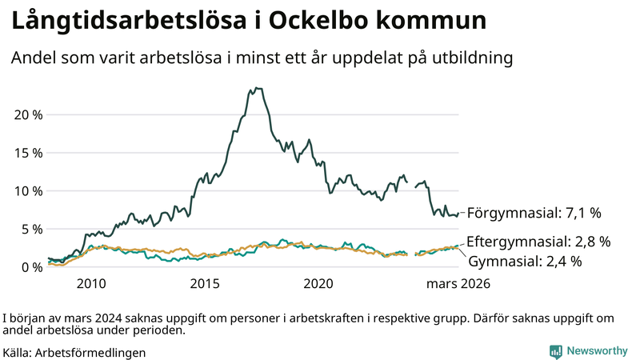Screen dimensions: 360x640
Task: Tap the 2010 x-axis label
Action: [x=91, y=284]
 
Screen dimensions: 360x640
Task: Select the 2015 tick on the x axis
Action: [x=205, y=284]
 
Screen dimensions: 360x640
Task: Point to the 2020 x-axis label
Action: [x=318, y=284]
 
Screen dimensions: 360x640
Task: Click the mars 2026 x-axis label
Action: [x=458, y=284]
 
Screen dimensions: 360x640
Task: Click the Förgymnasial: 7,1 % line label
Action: [x=534, y=213]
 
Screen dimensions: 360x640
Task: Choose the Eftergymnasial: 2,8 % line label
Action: [x=538, y=241]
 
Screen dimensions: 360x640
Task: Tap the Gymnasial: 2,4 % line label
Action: [x=525, y=261]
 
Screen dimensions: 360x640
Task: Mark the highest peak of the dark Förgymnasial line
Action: [x=257, y=88]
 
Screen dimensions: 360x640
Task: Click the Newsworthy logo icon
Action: [x=555, y=351]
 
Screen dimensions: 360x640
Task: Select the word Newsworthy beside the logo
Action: [x=597, y=351]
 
